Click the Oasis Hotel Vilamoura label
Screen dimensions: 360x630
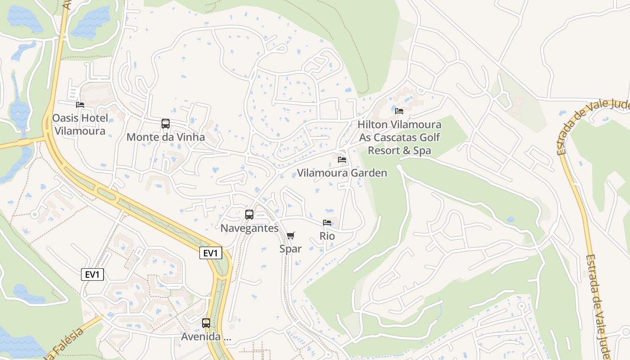coord(80,125)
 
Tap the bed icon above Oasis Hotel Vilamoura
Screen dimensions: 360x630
coord(80,105)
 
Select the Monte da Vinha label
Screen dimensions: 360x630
coord(166,137)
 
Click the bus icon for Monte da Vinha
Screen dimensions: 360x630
coord(166,124)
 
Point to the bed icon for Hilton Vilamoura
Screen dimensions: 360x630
coord(399,111)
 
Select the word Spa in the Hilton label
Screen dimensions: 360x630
coord(423,151)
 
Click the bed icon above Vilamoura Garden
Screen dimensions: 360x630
coord(342,160)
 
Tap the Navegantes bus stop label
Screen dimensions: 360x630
coord(249,228)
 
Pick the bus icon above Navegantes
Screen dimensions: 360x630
coord(249,215)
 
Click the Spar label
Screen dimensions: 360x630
coord(291,249)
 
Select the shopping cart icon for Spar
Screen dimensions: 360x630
coord(291,235)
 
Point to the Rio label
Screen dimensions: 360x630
coord(327,236)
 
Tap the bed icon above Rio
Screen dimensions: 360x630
coord(327,223)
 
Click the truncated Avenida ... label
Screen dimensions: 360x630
coord(206,337)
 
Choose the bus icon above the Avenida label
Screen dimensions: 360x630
coord(206,323)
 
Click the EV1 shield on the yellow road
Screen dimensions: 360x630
coord(211,253)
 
